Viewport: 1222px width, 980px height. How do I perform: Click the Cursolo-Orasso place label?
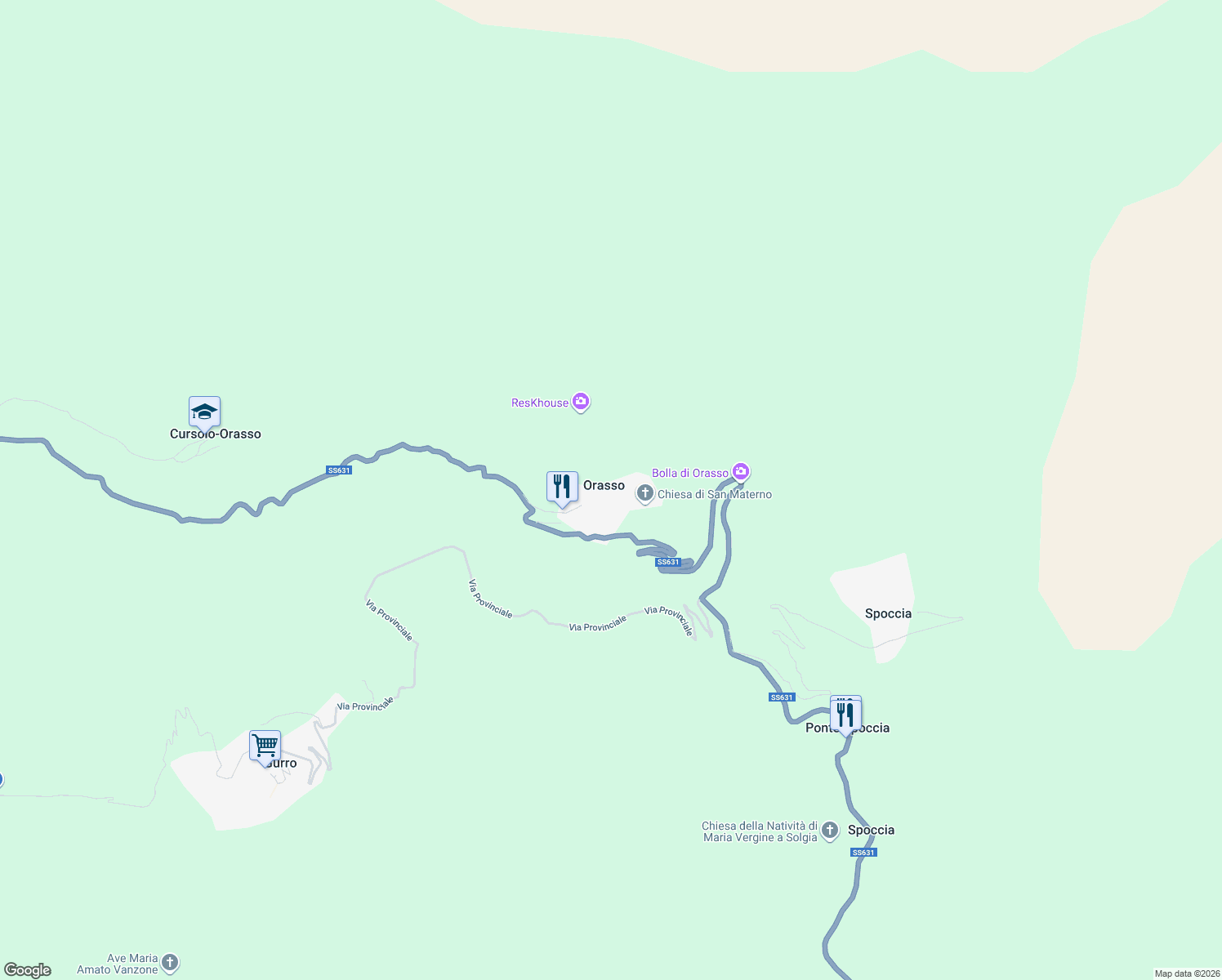[x=216, y=434]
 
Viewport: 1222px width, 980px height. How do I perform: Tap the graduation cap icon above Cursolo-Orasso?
[x=204, y=412]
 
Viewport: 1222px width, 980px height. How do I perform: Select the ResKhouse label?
[x=540, y=403]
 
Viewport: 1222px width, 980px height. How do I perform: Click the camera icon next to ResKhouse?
[x=581, y=401]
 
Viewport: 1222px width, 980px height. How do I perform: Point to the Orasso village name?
[x=604, y=485]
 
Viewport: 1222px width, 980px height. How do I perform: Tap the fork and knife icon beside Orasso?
[x=562, y=487]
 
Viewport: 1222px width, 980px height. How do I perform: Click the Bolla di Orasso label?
[x=690, y=473]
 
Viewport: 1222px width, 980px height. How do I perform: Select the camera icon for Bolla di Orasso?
[x=741, y=471]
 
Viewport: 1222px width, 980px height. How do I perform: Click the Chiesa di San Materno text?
[x=715, y=494]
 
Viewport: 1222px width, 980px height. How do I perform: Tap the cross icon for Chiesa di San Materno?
[x=645, y=493]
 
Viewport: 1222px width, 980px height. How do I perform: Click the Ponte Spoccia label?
[x=847, y=728]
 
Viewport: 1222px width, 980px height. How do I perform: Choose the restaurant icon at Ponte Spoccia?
[x=845, y=715]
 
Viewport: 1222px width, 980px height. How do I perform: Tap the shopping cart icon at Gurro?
[x=265, y=746]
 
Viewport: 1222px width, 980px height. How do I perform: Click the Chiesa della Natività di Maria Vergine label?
[x=760, y=831]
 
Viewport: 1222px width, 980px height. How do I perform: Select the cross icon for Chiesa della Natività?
[x=830, y=831]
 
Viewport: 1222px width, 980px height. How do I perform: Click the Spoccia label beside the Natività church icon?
[x=871, y=830]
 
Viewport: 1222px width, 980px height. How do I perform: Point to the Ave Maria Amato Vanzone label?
[x=118, y=964]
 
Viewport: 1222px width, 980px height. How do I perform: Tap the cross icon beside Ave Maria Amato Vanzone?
[x=170, y=964]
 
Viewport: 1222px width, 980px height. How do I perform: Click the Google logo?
[x=28, y=970]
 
